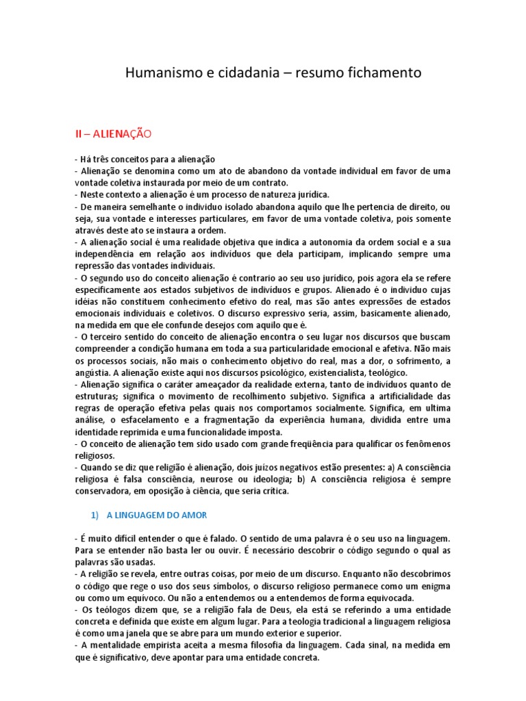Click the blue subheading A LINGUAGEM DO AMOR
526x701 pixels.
point(157,514)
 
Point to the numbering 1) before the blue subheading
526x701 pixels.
point(96,514)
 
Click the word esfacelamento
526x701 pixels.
point(157,420)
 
